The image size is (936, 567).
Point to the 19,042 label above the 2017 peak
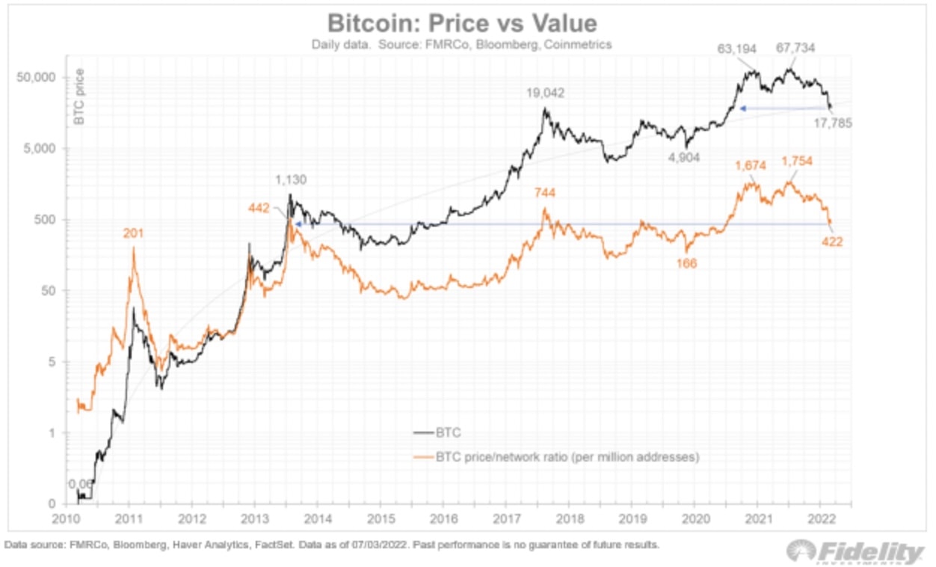tap(544, 94)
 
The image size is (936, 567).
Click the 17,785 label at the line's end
tap(832, 123)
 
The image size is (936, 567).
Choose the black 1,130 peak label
tap(290, 180)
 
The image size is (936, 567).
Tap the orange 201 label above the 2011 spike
tap(133, 233)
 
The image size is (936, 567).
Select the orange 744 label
tap(545, 193)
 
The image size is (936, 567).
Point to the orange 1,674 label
tap(753, 165)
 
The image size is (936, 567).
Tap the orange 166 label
tap(686, 263)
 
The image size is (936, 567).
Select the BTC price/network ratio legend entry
tap(556, 456)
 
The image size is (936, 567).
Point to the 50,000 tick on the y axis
tap(37, 78)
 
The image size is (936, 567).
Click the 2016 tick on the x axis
tap(444, 518)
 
